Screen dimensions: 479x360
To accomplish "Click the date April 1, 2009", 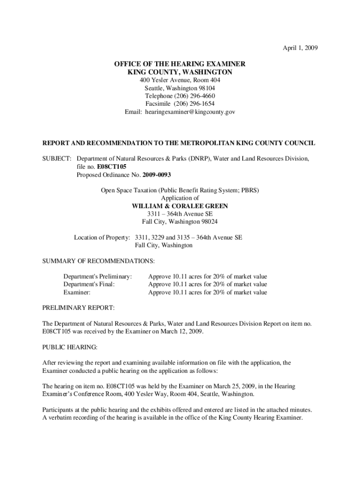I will [300, 48].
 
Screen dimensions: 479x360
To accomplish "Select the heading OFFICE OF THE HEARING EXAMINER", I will [180, 64].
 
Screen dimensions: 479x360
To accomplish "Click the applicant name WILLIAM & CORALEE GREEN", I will [180, 206].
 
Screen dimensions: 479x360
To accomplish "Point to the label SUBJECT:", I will [57, 159].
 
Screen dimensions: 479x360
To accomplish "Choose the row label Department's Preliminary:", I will [98, 276].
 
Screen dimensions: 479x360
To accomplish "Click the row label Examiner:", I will [77, 292].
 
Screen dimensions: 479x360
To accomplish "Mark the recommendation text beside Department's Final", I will [208, 284].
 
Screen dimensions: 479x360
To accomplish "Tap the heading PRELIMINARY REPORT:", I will [78, 309].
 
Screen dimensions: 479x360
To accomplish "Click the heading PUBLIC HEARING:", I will [70, 347].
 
